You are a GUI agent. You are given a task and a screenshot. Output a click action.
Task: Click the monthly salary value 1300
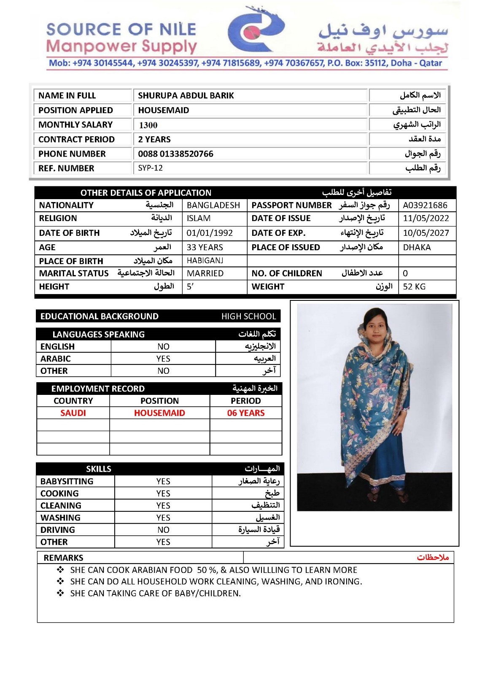[148, 125]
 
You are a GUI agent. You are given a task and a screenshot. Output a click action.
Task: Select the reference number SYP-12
[150, 168]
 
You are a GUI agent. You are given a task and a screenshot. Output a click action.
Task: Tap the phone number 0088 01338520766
[175, 154]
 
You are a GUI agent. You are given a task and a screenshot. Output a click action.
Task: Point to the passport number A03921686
[425, 205]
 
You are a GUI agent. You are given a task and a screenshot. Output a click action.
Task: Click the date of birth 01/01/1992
[210, 233]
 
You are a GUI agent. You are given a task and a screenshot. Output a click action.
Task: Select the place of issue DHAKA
[417, 248]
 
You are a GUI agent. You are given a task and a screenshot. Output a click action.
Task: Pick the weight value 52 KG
[414, 287]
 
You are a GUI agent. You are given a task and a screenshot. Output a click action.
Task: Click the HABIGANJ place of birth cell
[205, 261]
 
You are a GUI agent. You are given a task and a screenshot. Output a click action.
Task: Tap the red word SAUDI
[73, 413]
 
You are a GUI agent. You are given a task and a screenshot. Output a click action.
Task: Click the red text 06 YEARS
[246, 413]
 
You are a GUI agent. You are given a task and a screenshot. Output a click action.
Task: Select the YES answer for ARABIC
[163, 359]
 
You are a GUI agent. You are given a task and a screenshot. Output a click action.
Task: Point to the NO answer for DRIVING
[163, 530]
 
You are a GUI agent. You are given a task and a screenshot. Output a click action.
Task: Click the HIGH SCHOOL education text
[248, 316]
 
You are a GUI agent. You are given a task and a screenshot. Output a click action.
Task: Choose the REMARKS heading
[63, 558]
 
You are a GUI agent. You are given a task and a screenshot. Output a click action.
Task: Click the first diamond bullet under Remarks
[61, 570]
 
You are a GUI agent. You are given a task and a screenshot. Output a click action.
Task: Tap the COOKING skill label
[59, 494]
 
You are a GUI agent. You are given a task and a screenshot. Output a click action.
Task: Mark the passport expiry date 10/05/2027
[426, 233]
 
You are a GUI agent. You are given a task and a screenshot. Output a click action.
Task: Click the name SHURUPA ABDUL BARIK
[186, 96]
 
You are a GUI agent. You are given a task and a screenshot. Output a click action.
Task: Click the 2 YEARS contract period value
[154, 140]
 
